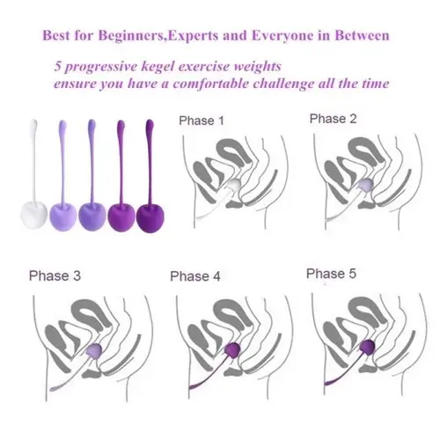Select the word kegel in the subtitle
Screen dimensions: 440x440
(x=158, y=67)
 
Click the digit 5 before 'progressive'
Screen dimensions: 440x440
(x=58, y=66)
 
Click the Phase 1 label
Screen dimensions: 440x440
(x=202, y=121)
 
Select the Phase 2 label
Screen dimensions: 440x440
(x=333, y=119)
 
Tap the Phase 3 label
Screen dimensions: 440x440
(x=55, y=275)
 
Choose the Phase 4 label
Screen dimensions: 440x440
(x=195, y=276)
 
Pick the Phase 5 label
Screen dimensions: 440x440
(x=331, y=274)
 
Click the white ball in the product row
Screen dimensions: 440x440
(x=33, y=216)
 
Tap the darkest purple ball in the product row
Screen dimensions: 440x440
(x=150, y=217)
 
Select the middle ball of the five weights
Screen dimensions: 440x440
(x=92, y=216)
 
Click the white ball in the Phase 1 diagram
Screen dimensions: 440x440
(x=235, y=187)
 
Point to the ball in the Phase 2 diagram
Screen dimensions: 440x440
(x=366, y=185)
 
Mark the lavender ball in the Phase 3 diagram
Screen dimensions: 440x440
(x=94, y=350)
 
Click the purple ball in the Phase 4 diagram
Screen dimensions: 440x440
(x=232, y=350)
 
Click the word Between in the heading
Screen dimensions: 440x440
(x=362, y=36)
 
